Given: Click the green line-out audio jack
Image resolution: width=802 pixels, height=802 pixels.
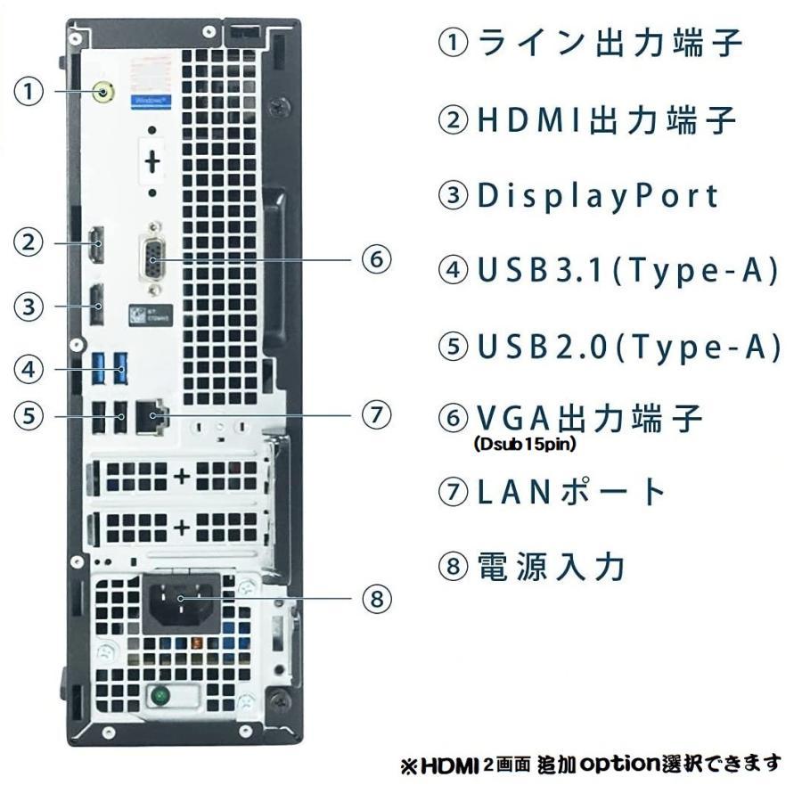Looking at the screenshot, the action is tap(105, 91).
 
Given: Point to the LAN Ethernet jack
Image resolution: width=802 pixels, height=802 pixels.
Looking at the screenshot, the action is tap(149, 414).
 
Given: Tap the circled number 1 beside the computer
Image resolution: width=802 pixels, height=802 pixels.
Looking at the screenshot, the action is tap(29, 91).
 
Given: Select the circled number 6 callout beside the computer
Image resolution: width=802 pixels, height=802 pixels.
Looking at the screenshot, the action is tap(376, 259).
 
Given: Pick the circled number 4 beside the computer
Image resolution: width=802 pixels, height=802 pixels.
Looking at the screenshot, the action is tap(29, 367).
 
